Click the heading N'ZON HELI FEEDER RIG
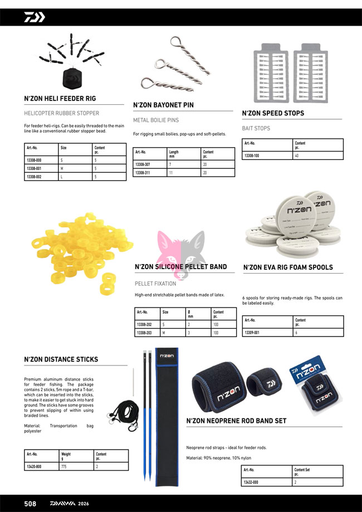pos(60,99)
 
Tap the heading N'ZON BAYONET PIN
pos(163,105)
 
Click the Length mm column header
pos(174,154)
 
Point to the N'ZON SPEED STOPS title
pos(273,114)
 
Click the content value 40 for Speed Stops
pos(297,155)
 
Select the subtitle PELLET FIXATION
pos(155,284)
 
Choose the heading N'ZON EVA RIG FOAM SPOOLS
pos(288,267)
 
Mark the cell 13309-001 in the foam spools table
pos(253,333)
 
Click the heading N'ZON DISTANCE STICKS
pos(61,359)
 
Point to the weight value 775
pos(65,466)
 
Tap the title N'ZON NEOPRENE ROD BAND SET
pos(236,421)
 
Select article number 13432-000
pos(252,482)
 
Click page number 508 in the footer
pos(30,504)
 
